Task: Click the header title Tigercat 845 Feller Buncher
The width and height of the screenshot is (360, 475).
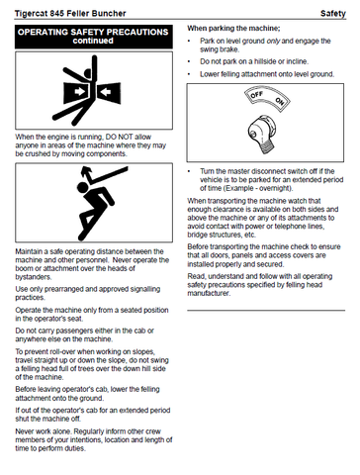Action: point(70,14)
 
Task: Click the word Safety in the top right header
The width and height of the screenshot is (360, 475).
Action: point(333,14)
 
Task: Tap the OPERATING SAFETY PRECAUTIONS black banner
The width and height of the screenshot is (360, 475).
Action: point(94,37)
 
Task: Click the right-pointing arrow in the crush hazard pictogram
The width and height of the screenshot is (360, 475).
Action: point(80,91)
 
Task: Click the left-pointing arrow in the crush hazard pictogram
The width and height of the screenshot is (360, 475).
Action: point(106,91)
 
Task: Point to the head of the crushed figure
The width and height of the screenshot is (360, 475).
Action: point(87,72)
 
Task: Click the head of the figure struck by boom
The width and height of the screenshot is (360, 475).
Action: point(83,187)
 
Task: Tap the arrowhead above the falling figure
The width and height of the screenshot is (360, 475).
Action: point(86,171)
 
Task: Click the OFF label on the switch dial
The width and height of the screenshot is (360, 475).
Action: point(256,95)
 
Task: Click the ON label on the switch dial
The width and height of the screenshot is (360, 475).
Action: point(280,101)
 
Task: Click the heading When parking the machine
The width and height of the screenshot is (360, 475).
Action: point(233,29)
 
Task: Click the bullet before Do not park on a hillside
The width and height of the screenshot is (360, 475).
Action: point(189,61)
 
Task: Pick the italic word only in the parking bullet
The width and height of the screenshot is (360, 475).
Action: point(273,41)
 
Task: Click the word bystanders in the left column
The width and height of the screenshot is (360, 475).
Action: point(33,277)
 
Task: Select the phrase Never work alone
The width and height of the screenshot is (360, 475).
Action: point(44,431)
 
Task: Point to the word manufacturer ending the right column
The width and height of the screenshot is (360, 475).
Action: point(209,293)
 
